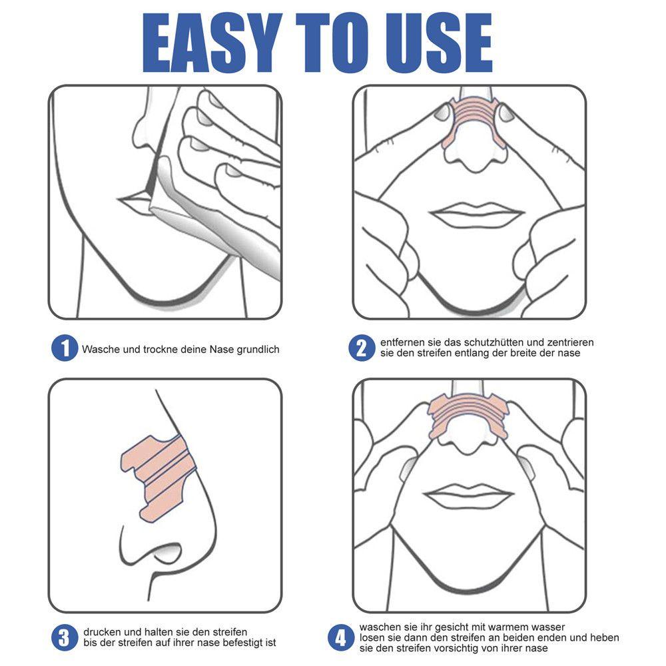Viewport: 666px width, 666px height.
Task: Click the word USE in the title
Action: pos(438,43)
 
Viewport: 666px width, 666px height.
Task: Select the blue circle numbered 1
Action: pos(65,348)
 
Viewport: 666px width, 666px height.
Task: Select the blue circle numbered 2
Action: pos(362,348)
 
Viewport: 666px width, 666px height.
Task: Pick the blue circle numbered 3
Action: pos(65,637)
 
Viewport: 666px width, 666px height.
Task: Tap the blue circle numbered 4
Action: pos(341,637)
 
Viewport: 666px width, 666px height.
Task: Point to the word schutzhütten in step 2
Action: pos(497,342)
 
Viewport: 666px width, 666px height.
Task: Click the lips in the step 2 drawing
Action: pos(476,214)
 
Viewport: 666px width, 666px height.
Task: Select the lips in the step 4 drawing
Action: pos(469,496)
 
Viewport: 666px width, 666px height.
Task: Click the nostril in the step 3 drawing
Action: pos(168,552)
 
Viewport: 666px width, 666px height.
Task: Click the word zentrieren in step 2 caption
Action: pos(571,342)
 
